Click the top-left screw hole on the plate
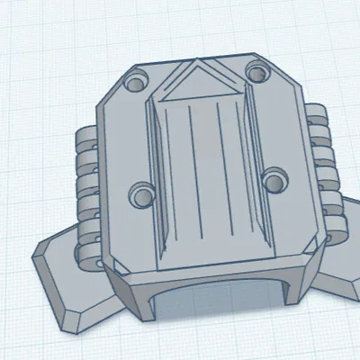[x=138, y=84]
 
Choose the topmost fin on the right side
[x=314, y=113]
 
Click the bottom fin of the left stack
[x=91, y=256]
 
